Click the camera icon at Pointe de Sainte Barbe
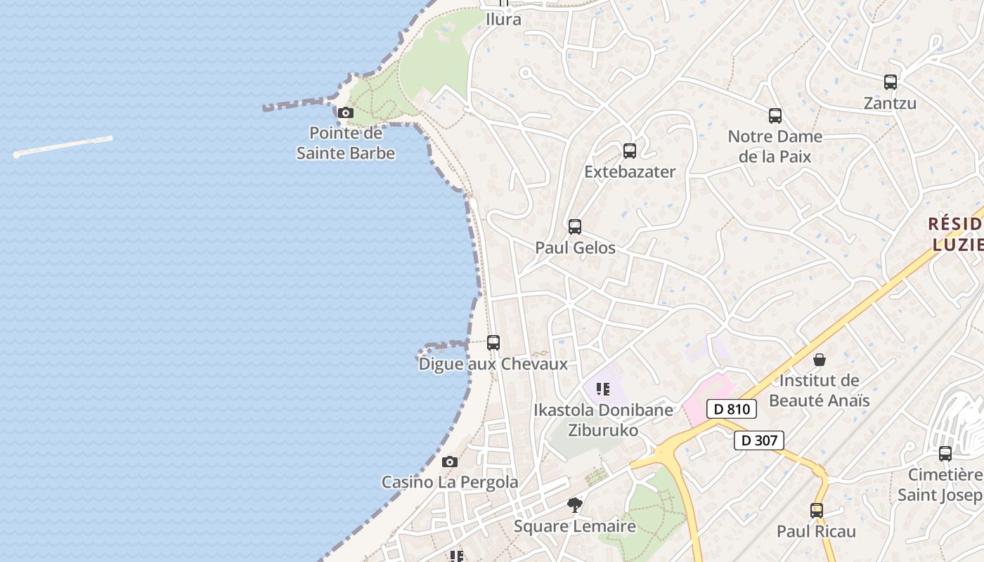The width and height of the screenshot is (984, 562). pyautogui.click(x=345, y=112)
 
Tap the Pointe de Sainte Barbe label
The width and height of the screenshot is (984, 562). pyautogui.click(x=345, y=143)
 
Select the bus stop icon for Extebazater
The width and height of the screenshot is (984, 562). pyautogui.click(x=630, y=151)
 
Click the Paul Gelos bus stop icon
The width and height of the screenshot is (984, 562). pyautogui.click(x=575, y=227)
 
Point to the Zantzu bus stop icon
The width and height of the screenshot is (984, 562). pyautogui.click(x=891, y=82)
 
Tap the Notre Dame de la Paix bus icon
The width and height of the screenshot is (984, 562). pyautogui.click(x=775, y=116)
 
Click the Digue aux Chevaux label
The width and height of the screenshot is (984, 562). pyautogui.click(x=493, y=364)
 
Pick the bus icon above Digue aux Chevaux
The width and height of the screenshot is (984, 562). pyautogui.click(x=493, y=343)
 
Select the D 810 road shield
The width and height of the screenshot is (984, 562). pyautogui.click(x=732, y=409)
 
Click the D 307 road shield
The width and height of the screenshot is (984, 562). pyautogui.click(x=759, y=440)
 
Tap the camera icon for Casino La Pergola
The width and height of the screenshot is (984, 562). pyautogui.click(x=450, y=462)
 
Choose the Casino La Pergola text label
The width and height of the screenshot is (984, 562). pyautogui.click(x=450, y=482)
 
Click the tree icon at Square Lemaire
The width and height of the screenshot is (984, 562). pyautogui.click(x=575, y=504)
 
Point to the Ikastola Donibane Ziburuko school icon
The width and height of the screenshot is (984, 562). pyautogui.click(x=602, y=388)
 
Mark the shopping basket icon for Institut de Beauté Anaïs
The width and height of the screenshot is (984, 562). pyautogui.click(x=820, y=360)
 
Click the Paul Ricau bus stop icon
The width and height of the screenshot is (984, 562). pyautogui.click(x=817, y=511)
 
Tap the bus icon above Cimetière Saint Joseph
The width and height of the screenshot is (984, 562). pyautogui.click(x=945, y=454)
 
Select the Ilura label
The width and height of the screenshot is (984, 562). pyautogui.click(x=504, y=19)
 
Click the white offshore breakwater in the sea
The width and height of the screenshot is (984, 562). pyautogui.click(x=63, y=146)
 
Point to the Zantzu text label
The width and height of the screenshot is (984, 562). pyautogui.click(x=890, y=103)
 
